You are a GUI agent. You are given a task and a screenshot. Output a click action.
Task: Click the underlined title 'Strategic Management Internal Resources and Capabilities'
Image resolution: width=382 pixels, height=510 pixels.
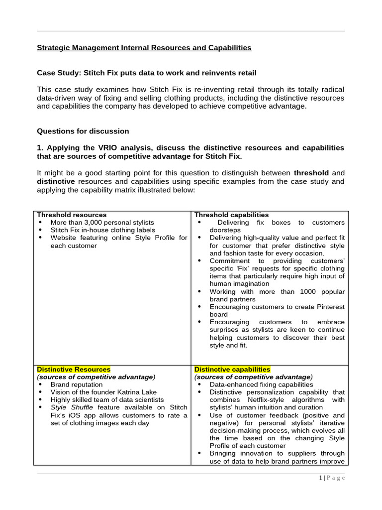point(144,48)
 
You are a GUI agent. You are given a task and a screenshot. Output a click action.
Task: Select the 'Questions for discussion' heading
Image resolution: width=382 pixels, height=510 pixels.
point(83,131)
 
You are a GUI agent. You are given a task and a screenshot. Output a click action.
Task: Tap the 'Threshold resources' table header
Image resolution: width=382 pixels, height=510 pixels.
point(72,215)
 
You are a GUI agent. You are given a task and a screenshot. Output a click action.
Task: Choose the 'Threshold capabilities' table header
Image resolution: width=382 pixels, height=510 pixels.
point(231,215)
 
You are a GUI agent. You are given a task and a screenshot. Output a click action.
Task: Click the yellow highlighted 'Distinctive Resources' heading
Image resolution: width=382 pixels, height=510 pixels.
point(74,370)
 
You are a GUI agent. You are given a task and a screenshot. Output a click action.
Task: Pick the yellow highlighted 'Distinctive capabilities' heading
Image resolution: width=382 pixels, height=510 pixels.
point(232,370)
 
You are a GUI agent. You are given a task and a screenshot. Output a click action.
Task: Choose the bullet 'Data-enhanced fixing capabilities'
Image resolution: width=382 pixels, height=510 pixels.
point(261,384)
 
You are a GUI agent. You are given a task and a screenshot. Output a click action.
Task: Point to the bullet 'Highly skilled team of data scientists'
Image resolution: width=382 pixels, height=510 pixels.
point(107,400)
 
